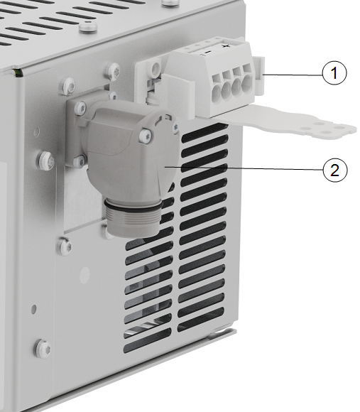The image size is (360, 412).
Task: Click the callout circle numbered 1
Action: pyautogui.click(x=334, y=72)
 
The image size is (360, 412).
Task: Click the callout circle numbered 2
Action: pyautogui.click(x=334, y=170)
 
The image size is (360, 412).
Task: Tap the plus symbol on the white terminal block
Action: pyautogui.click(x=225, y=46)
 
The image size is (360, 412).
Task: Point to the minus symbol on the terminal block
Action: pyautogui.click(x=207, y=53)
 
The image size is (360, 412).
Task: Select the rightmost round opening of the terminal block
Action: pyautogui.click(x=247, y=83)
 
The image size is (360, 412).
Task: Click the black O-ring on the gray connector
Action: pyautogui.click(x=132, y=205)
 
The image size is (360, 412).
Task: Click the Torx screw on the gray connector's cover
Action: pyautogui.click(x=146, y=136)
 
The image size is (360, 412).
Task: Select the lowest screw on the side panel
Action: pyautogui.click(x=43, y=349)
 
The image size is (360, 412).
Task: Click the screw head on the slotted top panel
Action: pyautogui.click(x=88, y=27)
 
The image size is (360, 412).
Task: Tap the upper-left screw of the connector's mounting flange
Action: pyautogui.click(x=80, y=108)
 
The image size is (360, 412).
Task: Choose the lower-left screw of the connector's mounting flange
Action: pyautogui.click(x=79, y=161)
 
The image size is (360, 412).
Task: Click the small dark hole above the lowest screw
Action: pyautogui.click(x=33, y=309)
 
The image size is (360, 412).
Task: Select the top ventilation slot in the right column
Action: pyautogui.click(x=204, y=131)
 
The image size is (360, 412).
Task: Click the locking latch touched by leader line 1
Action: pyautogui.click(x=259, y=76)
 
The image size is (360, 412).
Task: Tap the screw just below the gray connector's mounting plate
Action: pyautogui.click(x=65, y=246)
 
